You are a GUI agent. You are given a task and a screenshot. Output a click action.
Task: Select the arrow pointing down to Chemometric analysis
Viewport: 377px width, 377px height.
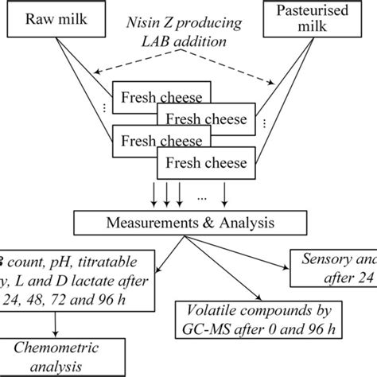point(54,319)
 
